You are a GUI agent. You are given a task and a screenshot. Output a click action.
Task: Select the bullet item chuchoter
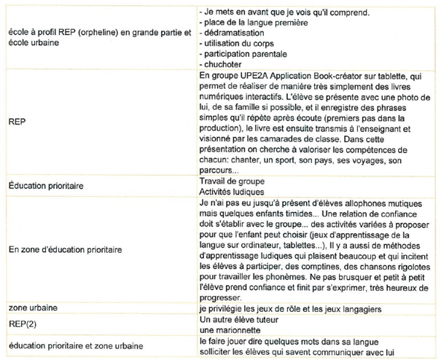point(225,64)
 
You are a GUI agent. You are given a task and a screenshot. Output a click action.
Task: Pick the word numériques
point(222,95)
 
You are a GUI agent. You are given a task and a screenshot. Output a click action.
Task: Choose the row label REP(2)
point(24,319)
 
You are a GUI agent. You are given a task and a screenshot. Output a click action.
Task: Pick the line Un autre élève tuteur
point(240,319)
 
